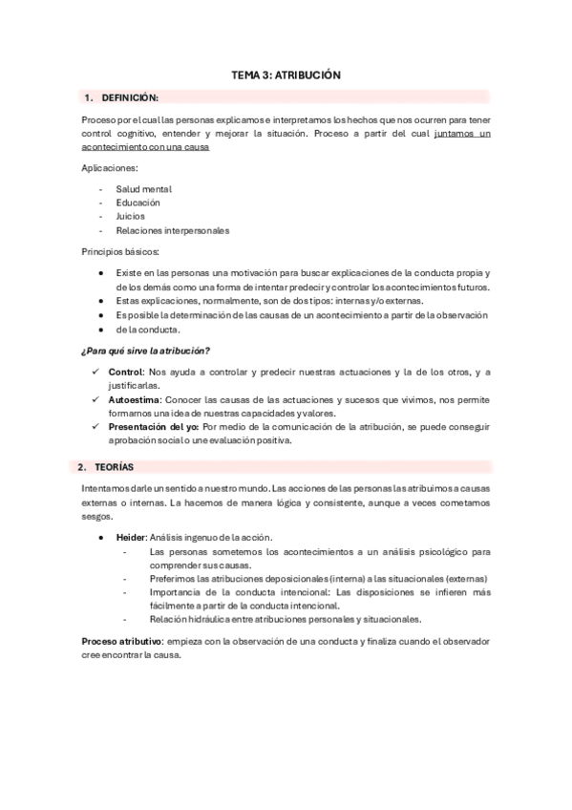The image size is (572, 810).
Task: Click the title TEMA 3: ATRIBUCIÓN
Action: [286, 74]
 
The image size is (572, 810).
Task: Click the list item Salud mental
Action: [143, 189]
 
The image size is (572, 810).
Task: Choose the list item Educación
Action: [138, 202]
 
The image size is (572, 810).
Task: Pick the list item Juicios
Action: [131, 216]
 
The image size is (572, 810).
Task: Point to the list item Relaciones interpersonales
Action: [173, 229]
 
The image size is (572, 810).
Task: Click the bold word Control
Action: [124, 373]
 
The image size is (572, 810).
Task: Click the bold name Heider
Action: [131, 538]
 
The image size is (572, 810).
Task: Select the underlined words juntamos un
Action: [461, 134]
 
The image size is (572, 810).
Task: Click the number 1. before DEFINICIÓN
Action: [89, 97]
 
